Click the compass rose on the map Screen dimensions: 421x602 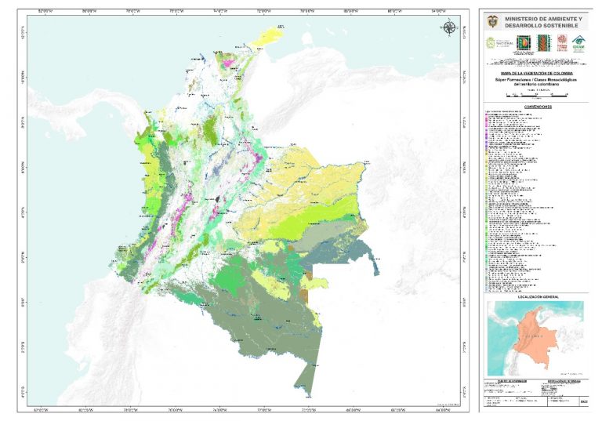(448, 28)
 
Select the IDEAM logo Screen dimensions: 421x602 (578, 42)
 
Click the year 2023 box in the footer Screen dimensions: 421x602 (583, 401)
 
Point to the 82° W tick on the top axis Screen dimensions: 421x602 (43, 12)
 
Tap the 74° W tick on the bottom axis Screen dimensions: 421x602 (219, 409)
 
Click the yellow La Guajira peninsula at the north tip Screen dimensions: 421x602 (274, 34)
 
